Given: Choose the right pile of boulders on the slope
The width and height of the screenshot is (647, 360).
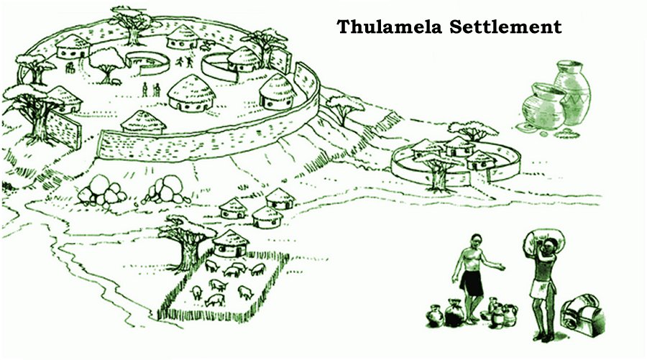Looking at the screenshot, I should tap(167, 190).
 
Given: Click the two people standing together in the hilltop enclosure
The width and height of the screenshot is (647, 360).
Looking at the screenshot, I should tap(150, 90).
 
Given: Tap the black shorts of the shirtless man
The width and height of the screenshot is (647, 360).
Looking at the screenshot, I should tap(472, 282).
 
